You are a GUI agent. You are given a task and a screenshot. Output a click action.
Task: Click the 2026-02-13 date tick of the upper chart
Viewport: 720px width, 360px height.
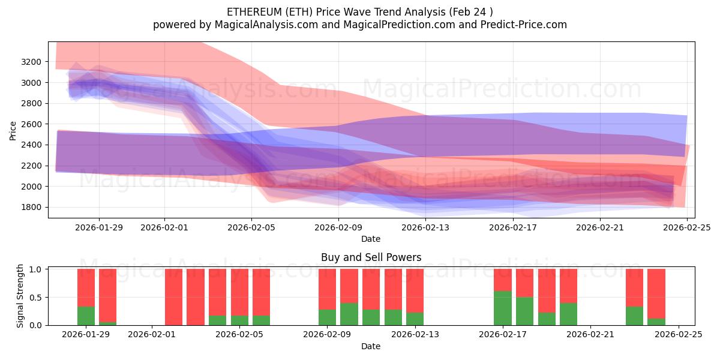tap(425, 227)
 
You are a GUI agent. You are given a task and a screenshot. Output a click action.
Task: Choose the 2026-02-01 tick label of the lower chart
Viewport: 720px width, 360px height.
tap(152, 335)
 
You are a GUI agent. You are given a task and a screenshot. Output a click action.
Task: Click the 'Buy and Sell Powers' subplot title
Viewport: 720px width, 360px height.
tap(371, 257)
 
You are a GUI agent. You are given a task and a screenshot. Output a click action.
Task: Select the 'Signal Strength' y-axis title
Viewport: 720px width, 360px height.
tap(20, 296)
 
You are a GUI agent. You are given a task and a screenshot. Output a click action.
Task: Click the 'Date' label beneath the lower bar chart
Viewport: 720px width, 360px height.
tap(371, 346)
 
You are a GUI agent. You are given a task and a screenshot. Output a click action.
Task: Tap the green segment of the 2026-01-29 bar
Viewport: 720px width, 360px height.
tap(86, 316)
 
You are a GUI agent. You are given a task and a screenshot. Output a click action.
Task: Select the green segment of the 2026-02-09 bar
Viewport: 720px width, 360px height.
tap(327, 317)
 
